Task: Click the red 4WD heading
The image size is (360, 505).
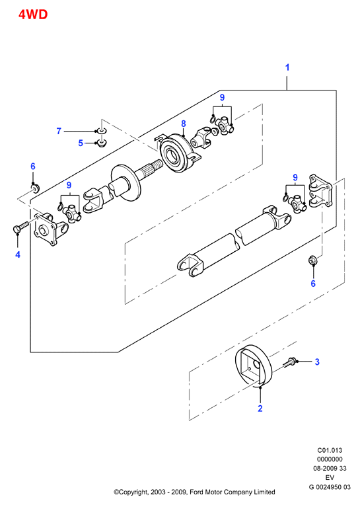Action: (x=33, y=15)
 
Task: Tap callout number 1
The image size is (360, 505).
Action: (x=287, y=67)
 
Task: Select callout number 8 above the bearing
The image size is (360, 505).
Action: (x=184, y=124)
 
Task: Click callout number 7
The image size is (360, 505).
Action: (x=59, y=131)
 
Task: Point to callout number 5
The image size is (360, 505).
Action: (x=81, y=143)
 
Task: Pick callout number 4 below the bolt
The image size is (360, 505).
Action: (x=18, y=254)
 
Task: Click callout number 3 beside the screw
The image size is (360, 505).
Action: (x=317, y=362)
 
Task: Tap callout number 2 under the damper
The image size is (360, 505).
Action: (x=260, y=408)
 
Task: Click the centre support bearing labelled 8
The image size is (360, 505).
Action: (x=178, y=153)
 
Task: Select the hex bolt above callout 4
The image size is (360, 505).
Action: (x=20, y=227)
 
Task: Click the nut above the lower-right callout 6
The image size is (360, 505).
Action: (x=312, y=260)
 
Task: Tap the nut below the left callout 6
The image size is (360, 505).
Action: (x=35, y=187)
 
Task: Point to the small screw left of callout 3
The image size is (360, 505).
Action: (x=290, y=362)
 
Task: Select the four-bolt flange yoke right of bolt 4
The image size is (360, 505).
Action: (x=50, y=227)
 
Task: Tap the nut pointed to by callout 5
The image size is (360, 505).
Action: (x=102, y=143)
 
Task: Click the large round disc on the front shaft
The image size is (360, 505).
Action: (x=126, y=184)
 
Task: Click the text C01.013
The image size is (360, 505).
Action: (x=330, y=450)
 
